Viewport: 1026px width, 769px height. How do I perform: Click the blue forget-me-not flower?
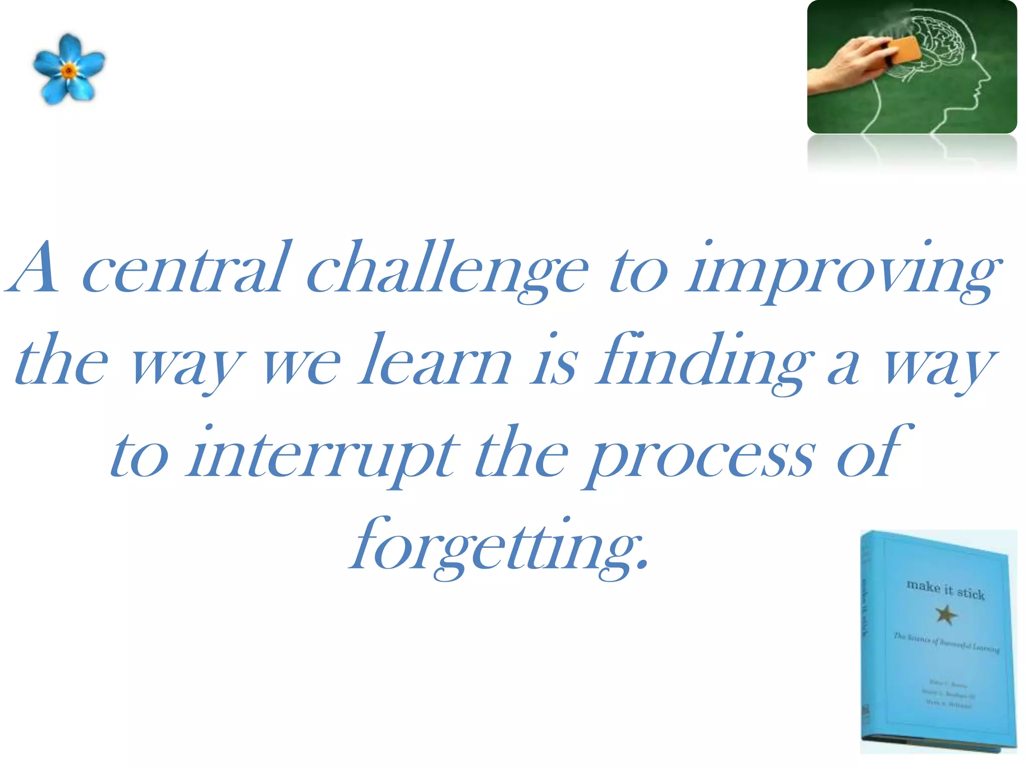click(69, 70)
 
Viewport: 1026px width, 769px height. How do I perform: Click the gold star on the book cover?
click(946, 614)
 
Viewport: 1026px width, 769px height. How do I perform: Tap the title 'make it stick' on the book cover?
click(945, 589)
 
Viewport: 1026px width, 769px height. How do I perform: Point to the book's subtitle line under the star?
click(946, 643)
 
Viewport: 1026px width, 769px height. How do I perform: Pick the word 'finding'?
click(704, 363)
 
